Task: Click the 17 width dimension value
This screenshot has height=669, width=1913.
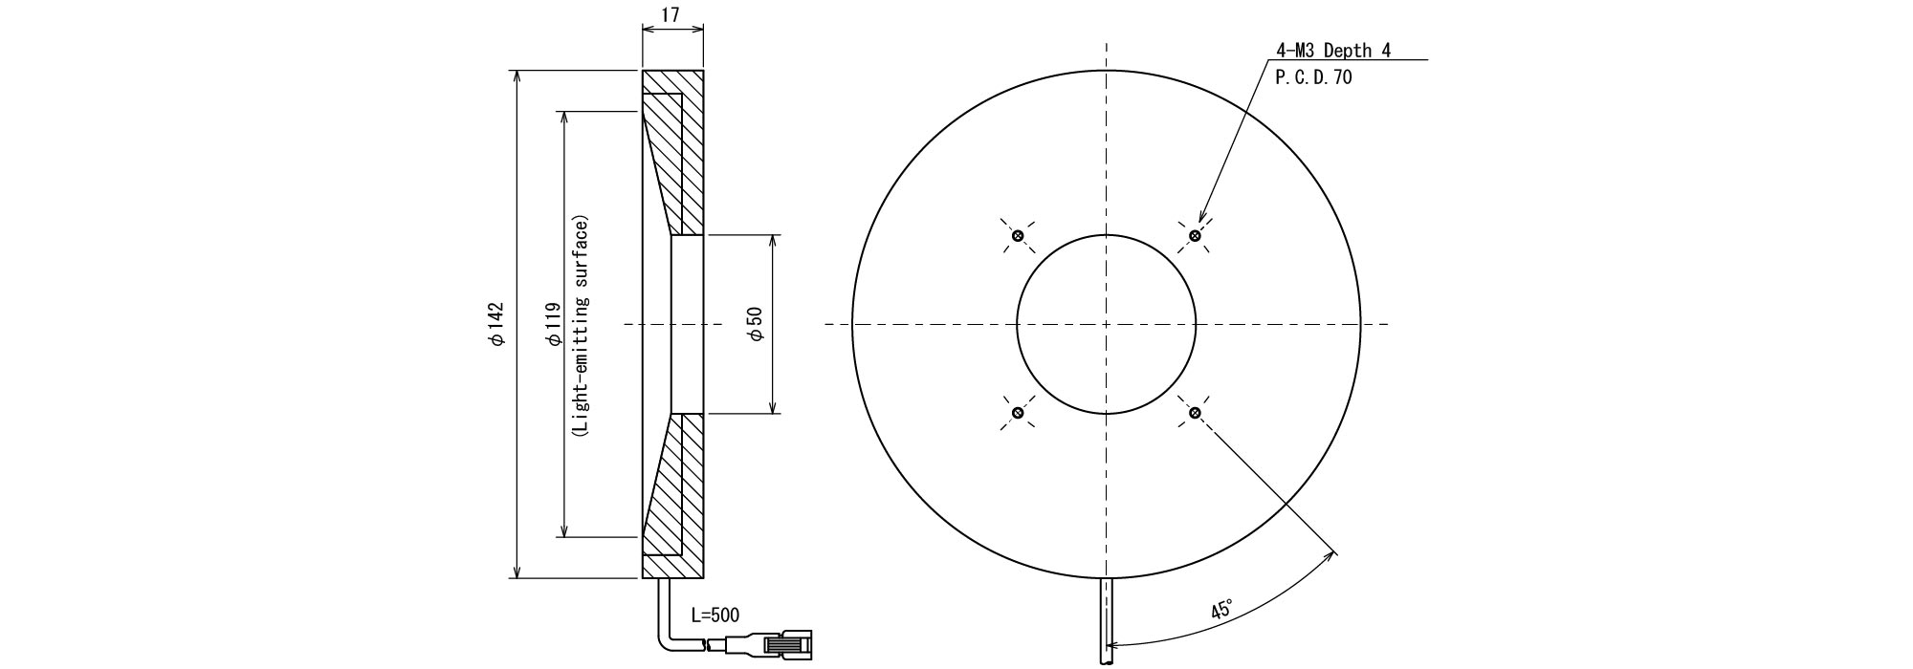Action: [672, 15]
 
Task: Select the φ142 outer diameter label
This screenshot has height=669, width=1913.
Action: [495, 324]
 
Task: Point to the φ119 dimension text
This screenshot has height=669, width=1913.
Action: [552, 324]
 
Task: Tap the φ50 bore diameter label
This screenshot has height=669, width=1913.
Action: [755, 325]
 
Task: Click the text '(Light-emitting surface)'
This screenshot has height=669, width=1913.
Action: [581, 325]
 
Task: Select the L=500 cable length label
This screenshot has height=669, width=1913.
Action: [715, 615]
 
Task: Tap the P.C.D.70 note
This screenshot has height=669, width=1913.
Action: [1314, 77]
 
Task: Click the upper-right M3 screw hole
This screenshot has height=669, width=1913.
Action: [1195, 235]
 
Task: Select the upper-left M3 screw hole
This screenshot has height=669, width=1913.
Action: [1018, 235]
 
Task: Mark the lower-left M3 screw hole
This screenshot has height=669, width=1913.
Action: [1018, 413]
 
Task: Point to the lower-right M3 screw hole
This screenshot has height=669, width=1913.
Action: [1195, 413]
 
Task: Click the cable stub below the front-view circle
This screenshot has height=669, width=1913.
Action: [1107, 621]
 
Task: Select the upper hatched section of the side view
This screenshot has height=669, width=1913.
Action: [672, 153]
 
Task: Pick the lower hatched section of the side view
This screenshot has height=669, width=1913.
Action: [672, 496]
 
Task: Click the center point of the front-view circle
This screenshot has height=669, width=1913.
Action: [1107, 324]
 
